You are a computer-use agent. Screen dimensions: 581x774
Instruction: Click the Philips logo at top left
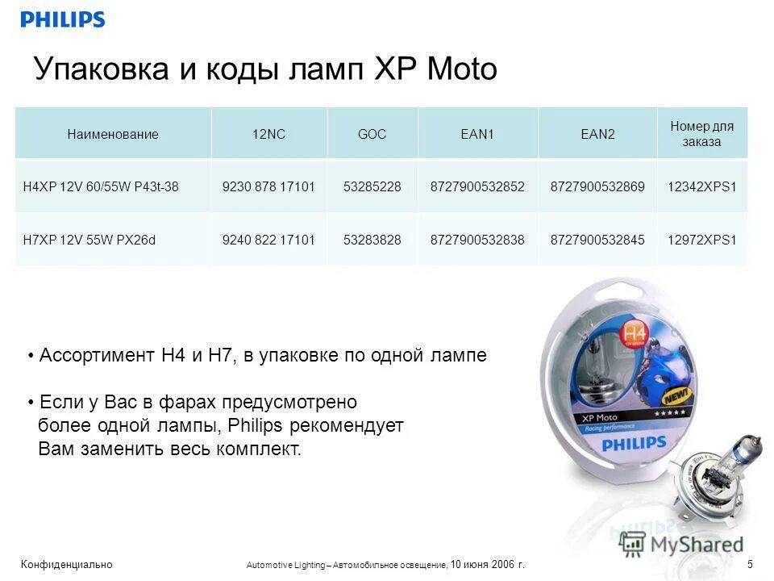[x=63, y=19]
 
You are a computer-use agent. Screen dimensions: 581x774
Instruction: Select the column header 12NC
[x=269, y=135]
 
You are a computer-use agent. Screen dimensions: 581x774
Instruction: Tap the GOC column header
[x=372, y=135]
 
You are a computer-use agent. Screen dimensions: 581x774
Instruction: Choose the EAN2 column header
[x=597, y=135]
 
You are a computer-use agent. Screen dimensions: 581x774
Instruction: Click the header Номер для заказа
[x=701, y=134]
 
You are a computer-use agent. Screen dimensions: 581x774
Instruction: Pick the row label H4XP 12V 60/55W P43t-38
[x=101, y=187]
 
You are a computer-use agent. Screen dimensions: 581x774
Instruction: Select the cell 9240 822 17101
[x=268, y=240]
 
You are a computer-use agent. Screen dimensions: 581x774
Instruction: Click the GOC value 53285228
[x=372, y=187]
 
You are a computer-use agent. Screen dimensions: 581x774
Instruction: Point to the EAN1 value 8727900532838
[x=477, y=240]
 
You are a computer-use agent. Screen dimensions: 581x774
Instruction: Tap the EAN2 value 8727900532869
[x=597, y=187]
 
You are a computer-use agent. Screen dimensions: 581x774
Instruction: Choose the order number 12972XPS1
[x=701, y=240]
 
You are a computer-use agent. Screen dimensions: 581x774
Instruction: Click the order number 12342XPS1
[x=701, y=187]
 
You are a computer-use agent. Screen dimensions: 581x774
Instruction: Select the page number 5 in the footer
[x=750, y=563]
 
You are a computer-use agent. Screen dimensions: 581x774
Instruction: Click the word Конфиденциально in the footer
[x=68, y=564]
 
